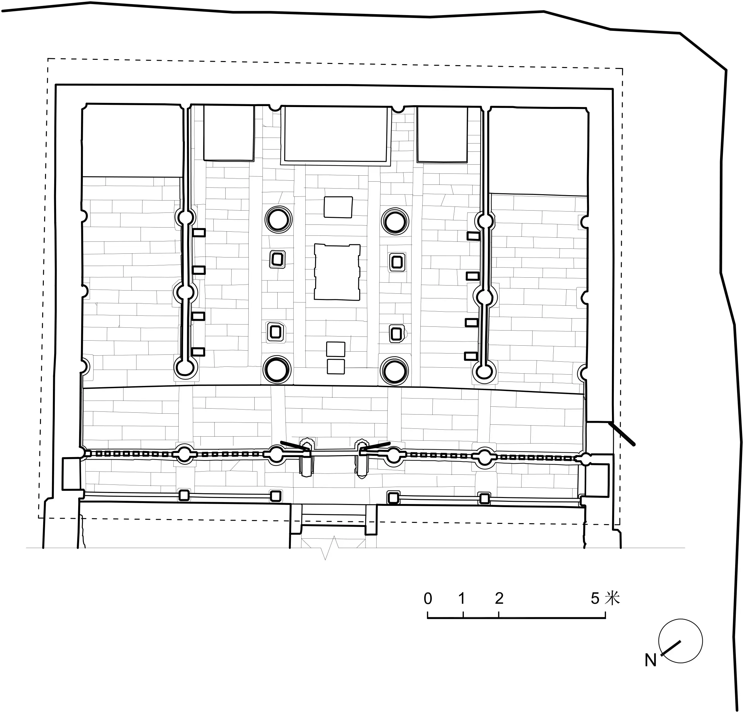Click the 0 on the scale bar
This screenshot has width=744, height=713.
tap(428, 598)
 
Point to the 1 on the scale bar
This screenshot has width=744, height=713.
tap(462, 598)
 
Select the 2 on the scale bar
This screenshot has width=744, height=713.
tap(499, 598)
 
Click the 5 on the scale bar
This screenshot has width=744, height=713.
tap(595, 598)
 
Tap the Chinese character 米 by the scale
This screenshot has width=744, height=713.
tap(613, 598)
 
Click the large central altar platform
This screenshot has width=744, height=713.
tap(337, 272)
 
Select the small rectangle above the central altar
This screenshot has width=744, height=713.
tap(338, 207)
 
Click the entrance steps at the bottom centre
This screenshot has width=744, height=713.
tap(333, 520)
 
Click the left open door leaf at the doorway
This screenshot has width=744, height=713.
tap(295, 446)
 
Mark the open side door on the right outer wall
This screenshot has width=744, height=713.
tap(621, 433)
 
